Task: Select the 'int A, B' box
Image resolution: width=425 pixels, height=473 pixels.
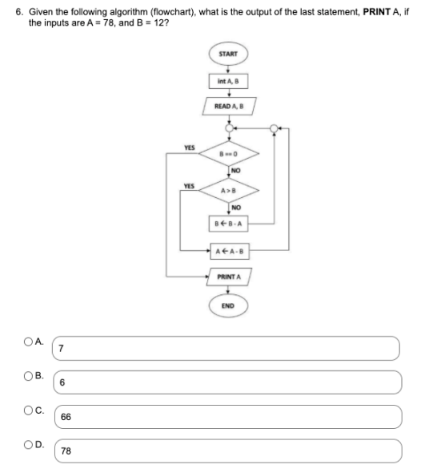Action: coord(231,81)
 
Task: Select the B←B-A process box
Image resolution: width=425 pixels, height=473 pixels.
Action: coord(231,221)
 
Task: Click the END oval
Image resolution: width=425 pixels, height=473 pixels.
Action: coord(231,305)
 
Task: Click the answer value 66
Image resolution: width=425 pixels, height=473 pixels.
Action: coord(65,417)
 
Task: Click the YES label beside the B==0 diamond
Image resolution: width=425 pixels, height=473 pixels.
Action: coord(190,148)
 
